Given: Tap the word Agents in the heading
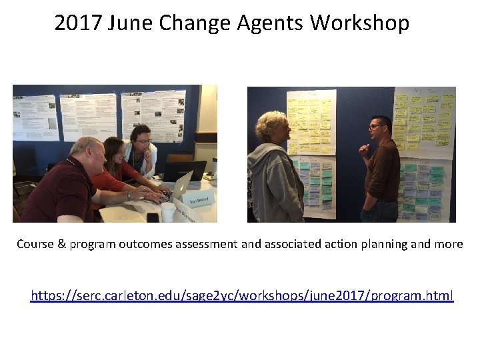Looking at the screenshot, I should [x=273, y=23].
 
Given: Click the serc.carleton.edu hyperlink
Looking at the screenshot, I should [x=242, y=295].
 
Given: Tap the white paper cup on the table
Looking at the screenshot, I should [x=168, y=212].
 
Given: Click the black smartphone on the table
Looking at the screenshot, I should [x=153, y=217].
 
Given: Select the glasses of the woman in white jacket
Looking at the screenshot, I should [x=144, y=141].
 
